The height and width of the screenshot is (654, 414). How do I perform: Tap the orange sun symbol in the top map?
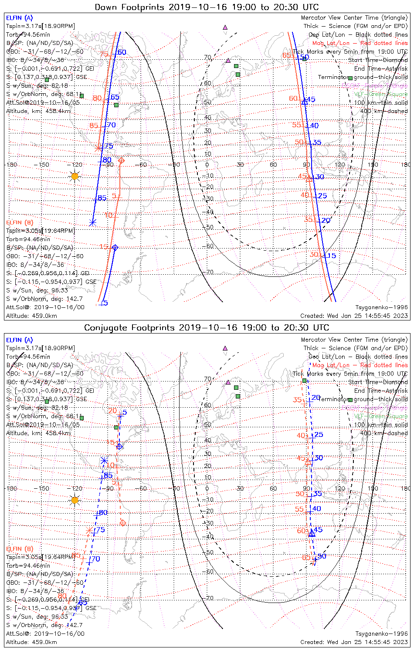coord(75,176)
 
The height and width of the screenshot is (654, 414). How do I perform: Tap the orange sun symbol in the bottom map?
coord(75,500)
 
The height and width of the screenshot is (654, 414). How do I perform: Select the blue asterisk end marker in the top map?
coord(92,223)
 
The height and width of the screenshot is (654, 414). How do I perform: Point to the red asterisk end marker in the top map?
coord(98,148)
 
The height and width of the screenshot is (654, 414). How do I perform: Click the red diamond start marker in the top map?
coord(122,160)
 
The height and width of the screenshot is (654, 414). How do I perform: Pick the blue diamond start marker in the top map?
coord(115,248)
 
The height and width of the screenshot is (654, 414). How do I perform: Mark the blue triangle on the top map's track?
coord(305,102)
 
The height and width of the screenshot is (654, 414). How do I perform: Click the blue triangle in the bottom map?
coord(312,533)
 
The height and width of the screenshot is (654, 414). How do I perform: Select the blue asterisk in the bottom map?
coord(104,460)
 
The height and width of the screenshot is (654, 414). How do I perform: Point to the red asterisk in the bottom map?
coord(89,531)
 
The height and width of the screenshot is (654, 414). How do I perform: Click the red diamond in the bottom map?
coord(123,522)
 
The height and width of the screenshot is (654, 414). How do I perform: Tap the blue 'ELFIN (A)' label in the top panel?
coord(19,18)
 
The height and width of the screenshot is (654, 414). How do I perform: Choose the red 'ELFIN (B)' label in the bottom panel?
coord(20,548)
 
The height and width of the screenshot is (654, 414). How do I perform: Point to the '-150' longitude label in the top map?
coord(44,165)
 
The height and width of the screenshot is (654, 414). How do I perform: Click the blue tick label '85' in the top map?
coord(102,198)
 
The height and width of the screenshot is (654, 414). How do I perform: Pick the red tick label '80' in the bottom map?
coord(62,596)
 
